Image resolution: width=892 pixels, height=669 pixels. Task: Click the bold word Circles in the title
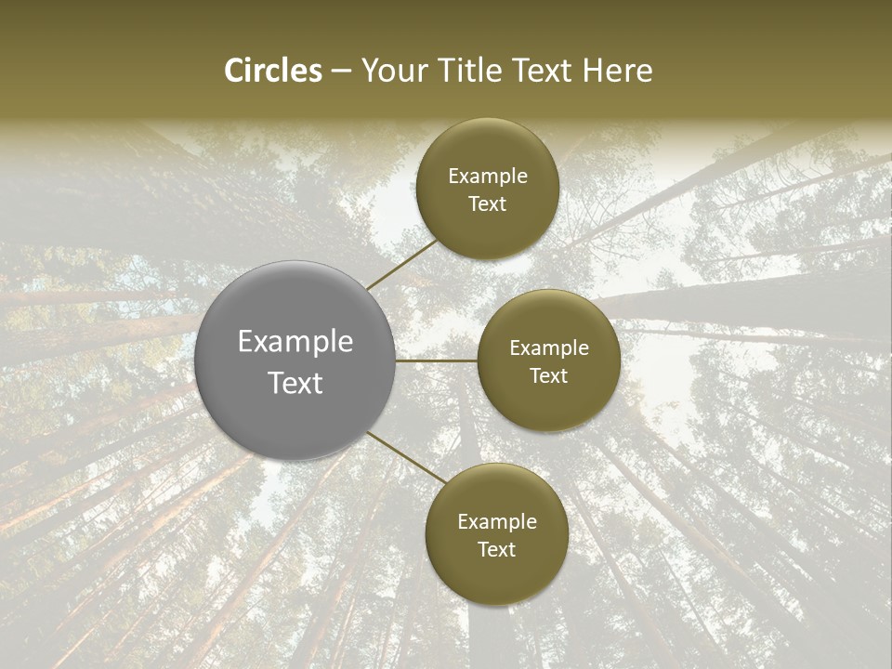tap(273, 71)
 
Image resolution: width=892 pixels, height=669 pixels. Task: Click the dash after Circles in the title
tap(341, 72)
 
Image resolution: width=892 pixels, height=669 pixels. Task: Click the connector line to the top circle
tap(402, 262)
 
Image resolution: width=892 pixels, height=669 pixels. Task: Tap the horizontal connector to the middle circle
tap(437, 361)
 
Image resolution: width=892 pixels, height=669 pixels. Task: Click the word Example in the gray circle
tap(295, 342)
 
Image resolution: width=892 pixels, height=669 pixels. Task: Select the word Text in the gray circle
tap(295, 383)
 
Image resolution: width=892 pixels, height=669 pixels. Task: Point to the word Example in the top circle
tap(488, 177)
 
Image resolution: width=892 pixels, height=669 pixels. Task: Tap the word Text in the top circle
tap(488, 204)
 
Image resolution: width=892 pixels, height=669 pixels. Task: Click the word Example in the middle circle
tap(549, 348)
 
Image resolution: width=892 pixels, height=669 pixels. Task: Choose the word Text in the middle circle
tap(549, 376)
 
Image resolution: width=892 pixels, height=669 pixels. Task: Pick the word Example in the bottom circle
tap(497, 522)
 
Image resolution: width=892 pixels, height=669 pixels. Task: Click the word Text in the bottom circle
tap(497, 550)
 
